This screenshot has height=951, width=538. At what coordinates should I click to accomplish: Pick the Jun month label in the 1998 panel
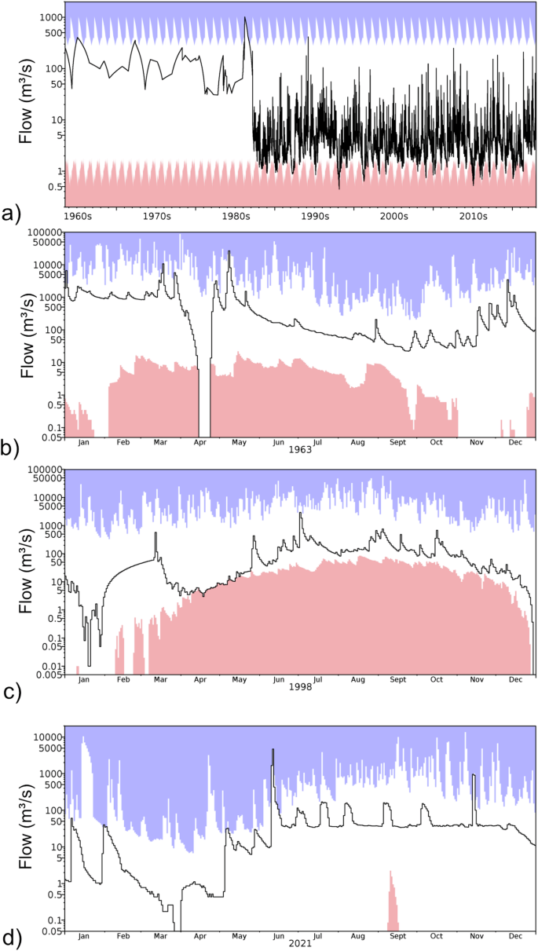(279, 679)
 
